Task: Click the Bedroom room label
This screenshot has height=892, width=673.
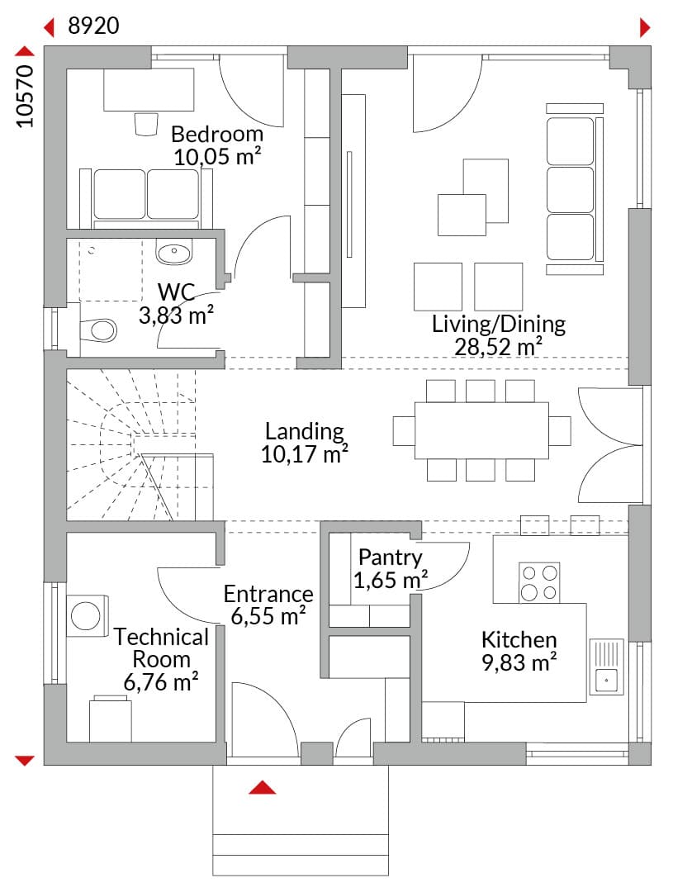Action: tap(216, 135)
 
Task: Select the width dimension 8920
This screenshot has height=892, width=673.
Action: tap(93, 26)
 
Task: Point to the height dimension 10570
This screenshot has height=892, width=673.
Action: tap(25, 96)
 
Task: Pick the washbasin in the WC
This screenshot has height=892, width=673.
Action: tap(174, 252)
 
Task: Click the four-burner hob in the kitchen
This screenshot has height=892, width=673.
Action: tap(539, 582)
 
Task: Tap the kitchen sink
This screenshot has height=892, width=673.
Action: tap(606, 667)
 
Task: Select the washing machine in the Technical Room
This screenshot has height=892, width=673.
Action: tap(87, 615)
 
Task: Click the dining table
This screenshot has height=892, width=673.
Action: tap(481, 430)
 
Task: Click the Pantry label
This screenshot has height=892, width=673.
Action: tap(391, 557)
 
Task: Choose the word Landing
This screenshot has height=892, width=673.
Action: tap(305, 431)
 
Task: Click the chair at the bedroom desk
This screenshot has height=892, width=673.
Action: tap(145, 124)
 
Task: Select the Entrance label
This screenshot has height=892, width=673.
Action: tap(268, 594)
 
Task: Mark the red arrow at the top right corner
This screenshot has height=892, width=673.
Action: tap(645, 26)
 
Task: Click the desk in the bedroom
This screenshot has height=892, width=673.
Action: tap(149, 89)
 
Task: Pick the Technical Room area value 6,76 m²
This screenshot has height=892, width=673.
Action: tap(161, 682)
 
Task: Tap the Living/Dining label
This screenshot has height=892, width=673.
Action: tap(498, 324)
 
